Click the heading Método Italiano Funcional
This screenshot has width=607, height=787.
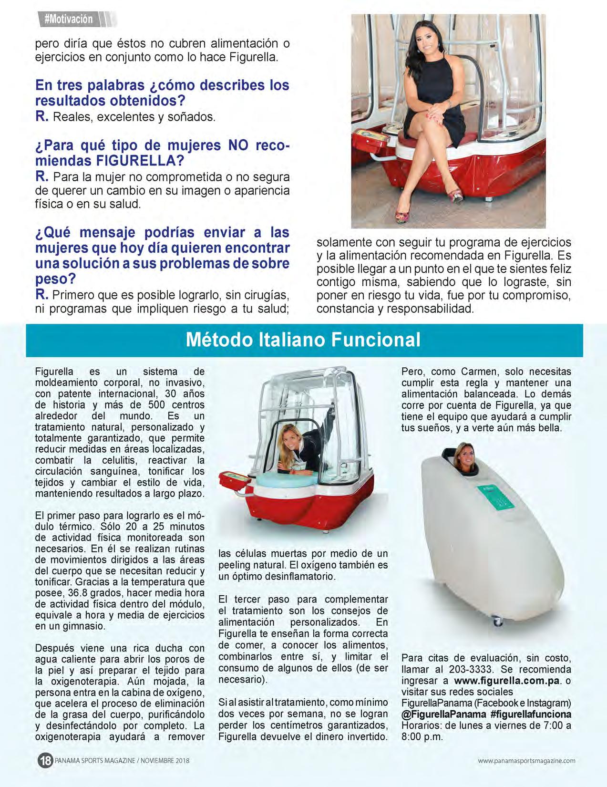click(x=303, y=340)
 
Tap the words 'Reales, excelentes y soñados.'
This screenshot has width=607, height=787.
click(x=134, y=117)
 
